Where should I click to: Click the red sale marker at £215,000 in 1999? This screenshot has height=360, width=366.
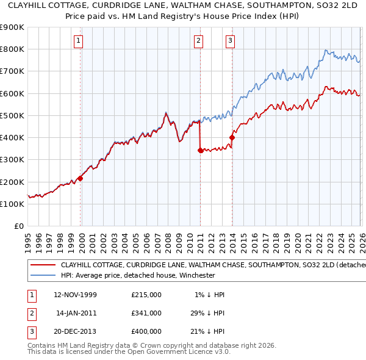coord(80,179)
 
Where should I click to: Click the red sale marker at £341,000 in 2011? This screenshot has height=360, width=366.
coord(200,151)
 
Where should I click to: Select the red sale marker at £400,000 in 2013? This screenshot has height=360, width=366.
coord(232,137)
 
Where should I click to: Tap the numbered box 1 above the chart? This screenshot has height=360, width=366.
coord(80,41)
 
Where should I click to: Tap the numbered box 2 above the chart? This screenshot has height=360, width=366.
coord(199,41)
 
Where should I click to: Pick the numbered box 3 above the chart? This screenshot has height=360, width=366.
coord(231,41)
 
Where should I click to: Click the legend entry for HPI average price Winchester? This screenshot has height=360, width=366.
coord(138,275)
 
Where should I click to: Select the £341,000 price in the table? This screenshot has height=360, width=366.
coord(146,313)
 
